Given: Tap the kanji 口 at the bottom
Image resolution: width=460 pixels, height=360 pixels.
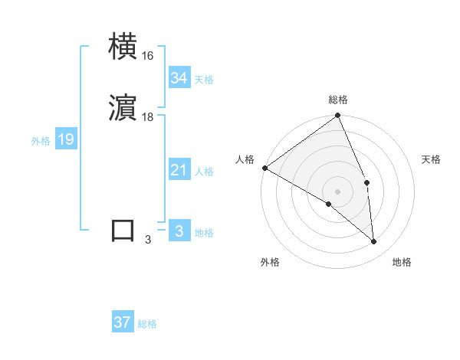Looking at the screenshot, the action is click(123, 231).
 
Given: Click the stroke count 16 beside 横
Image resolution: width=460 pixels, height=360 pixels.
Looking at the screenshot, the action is click(148, 57).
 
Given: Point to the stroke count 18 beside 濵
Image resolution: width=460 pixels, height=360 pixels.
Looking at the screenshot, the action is click(148, 117).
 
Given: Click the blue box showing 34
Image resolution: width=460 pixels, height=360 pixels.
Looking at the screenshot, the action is click(179, 78).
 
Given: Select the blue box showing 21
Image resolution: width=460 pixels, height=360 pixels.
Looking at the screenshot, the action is click(179, 170).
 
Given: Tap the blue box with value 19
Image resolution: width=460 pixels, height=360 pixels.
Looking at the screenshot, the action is click(66, 139).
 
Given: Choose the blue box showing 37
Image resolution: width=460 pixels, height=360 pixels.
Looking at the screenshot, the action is click(123, 322).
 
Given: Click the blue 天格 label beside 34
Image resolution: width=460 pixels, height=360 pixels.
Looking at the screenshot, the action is click(204, 80).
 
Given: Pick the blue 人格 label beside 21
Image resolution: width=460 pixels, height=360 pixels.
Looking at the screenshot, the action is click(204, 172).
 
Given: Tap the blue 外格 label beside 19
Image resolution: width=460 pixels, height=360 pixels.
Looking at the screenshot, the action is click(41, 141).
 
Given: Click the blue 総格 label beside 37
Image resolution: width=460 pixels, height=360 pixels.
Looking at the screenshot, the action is click(147, 324).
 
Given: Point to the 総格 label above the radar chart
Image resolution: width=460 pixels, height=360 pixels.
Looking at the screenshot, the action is click(338, 100).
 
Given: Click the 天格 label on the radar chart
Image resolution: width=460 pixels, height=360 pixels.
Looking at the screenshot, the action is click(432, 159).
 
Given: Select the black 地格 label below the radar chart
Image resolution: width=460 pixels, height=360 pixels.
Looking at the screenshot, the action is click(402, 262).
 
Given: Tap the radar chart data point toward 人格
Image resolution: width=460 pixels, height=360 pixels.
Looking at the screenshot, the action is click(264, 168).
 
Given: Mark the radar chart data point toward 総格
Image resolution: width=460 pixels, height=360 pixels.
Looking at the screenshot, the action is click(338, 116).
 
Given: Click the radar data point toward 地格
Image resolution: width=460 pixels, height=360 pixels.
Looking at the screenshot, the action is click(374, 241).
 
